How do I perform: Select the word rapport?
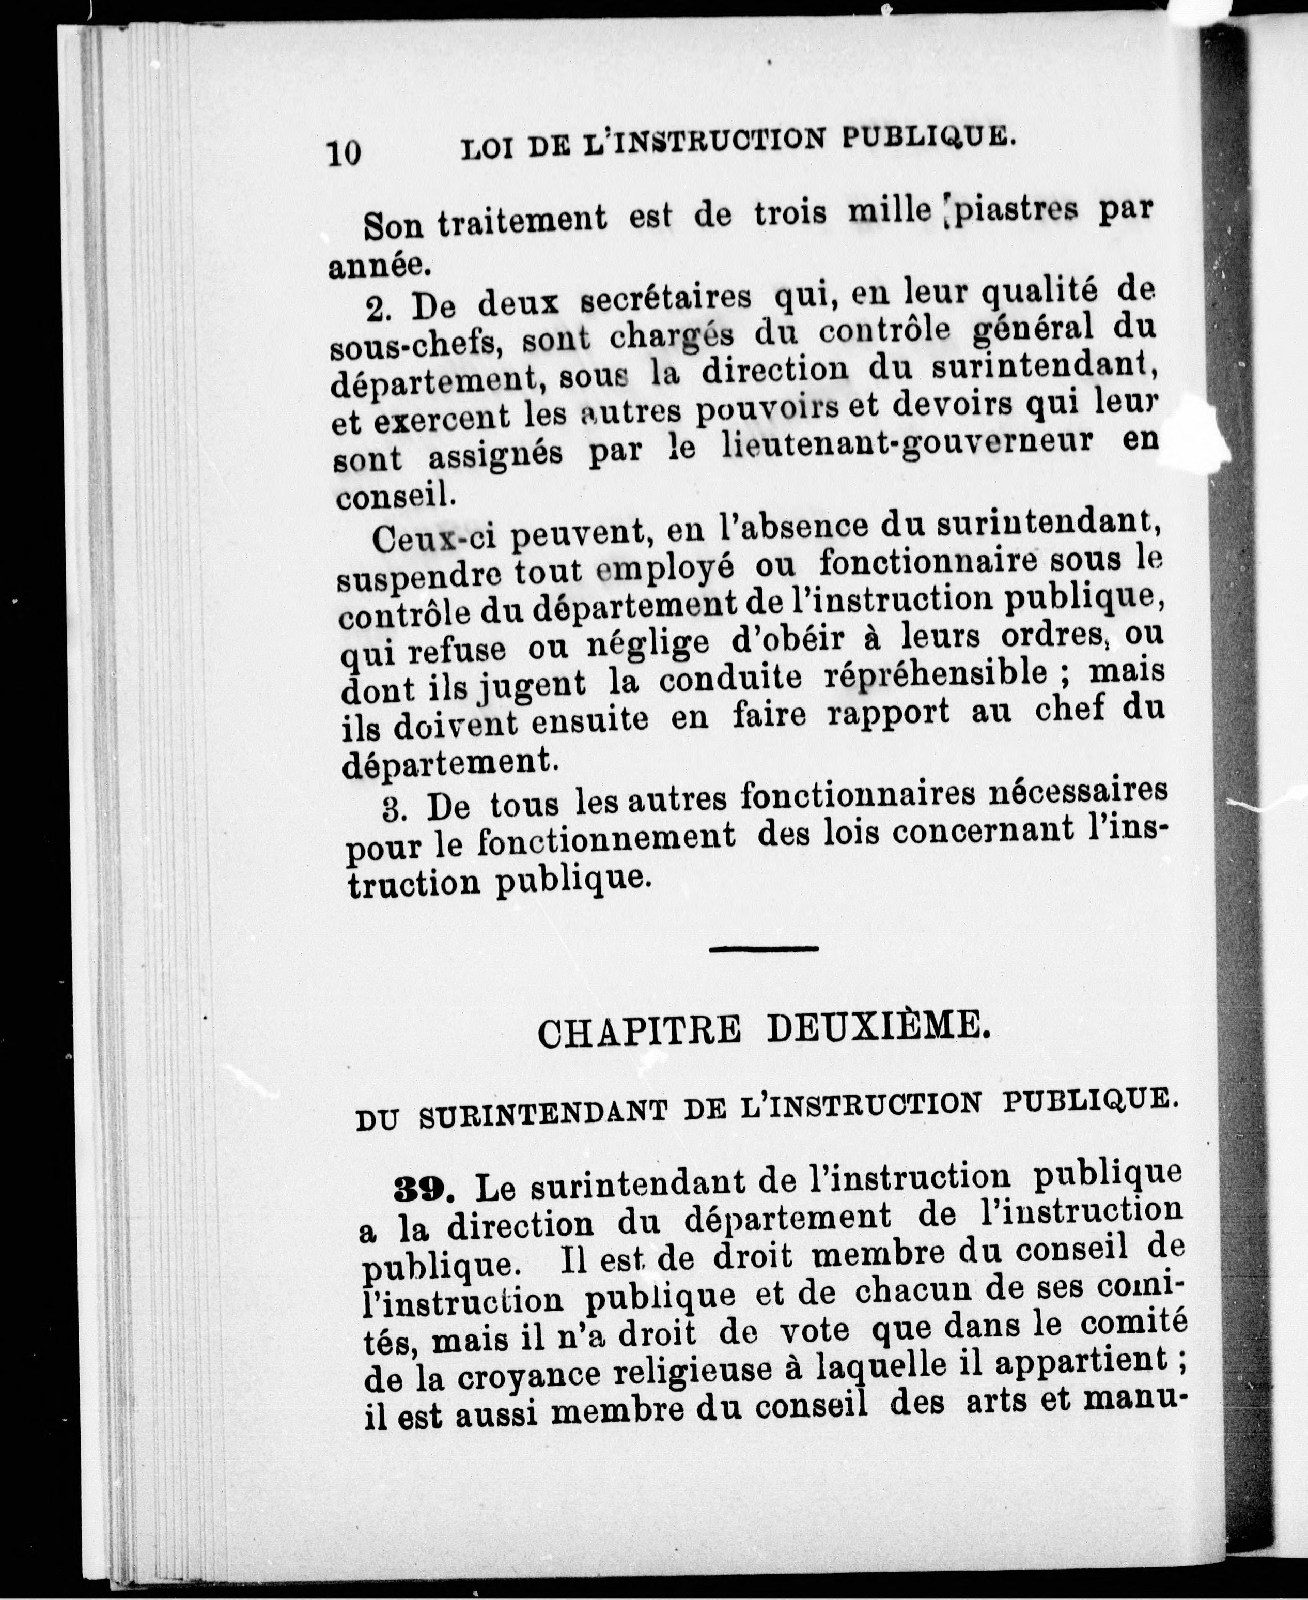pos(889,713)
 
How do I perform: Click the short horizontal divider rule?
pos(764,949)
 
